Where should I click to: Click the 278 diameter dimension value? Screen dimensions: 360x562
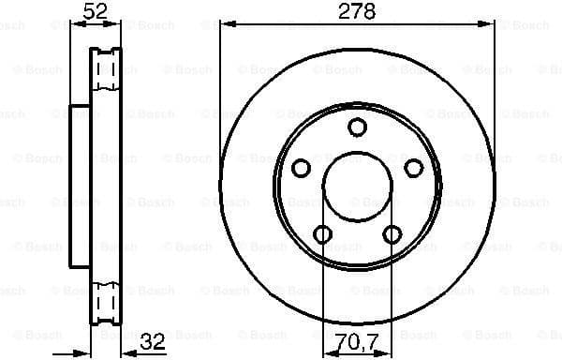click(x=357, y=11)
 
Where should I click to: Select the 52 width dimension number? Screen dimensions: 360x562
click(x=96, y=11)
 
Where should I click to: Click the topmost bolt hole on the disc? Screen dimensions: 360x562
click(x=357, y=127)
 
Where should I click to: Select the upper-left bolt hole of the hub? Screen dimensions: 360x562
click(x=302, y=168)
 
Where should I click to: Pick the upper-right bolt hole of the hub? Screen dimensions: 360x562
click(x=413, y=168)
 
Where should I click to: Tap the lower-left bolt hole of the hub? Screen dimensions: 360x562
click(x=322, y=233)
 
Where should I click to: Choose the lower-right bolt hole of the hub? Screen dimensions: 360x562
click(x=392, y=233)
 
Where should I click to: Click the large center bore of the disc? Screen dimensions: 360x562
click(x=357, y=187)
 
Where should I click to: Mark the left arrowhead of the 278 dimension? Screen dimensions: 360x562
click(x=225, y=22)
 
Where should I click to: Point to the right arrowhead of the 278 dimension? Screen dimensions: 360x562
click(x=489, y=22)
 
